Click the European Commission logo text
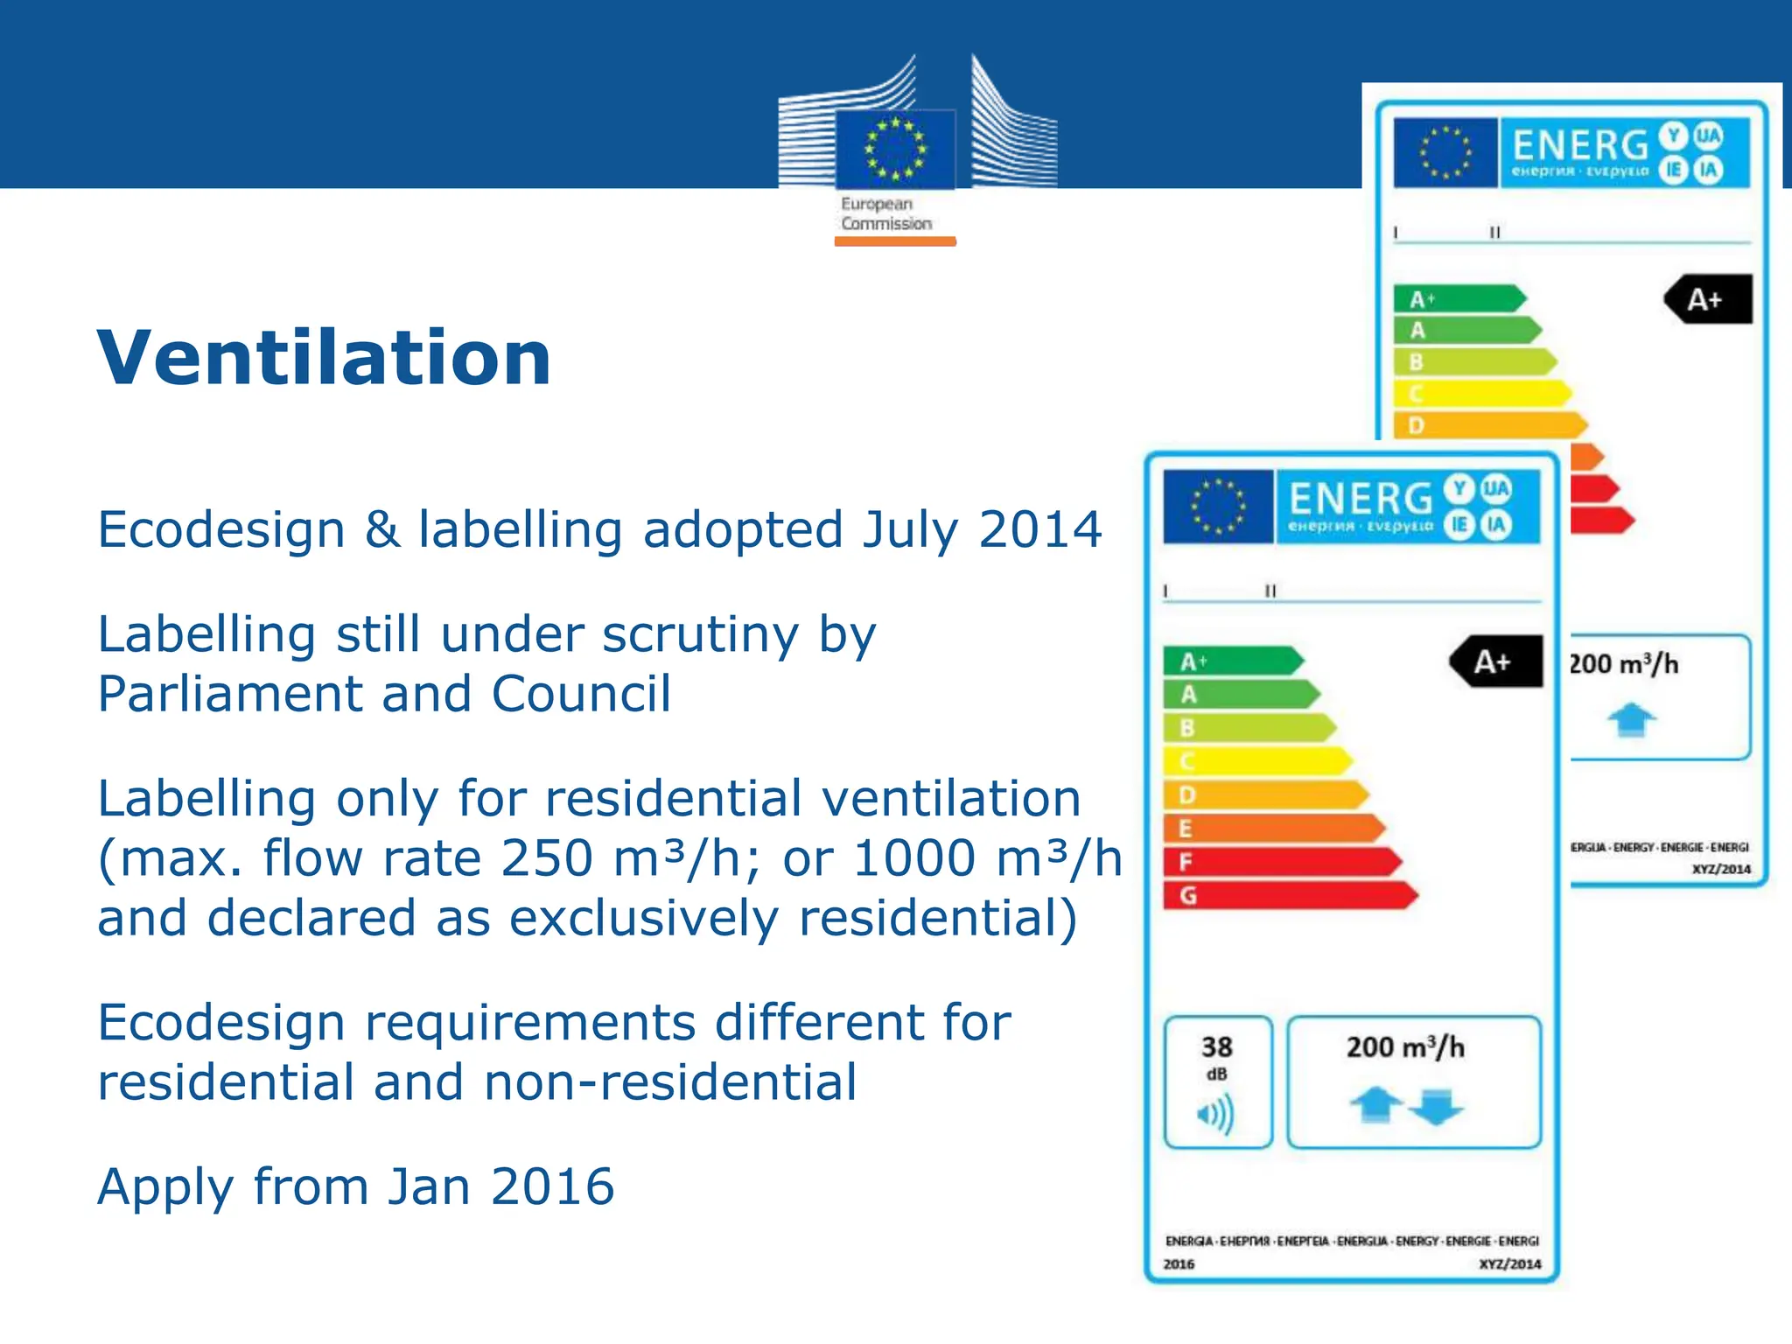coord(885,214)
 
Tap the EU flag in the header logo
coord(894,150)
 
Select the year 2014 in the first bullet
coord(1039,529)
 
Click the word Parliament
coord(229,694)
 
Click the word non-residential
coord(669,1082)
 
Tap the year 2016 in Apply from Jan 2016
coord(552,1186)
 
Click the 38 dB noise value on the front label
coord(1216,1047)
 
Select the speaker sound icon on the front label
coord(1215,1115)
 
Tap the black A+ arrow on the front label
coord(1495,661)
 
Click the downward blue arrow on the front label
coord(1436,1107)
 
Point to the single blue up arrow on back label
coord(1631,720)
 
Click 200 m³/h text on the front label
coord(1404,1047)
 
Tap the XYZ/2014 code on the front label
coord(1509,1263)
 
